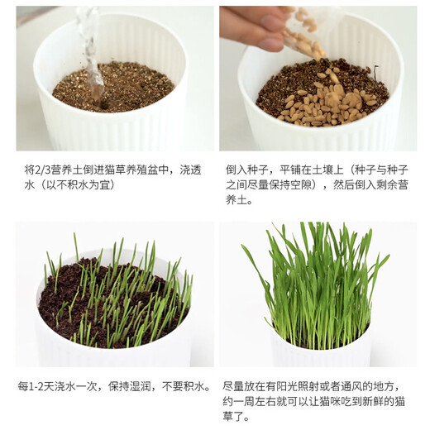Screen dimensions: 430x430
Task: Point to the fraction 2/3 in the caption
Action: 45,169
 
